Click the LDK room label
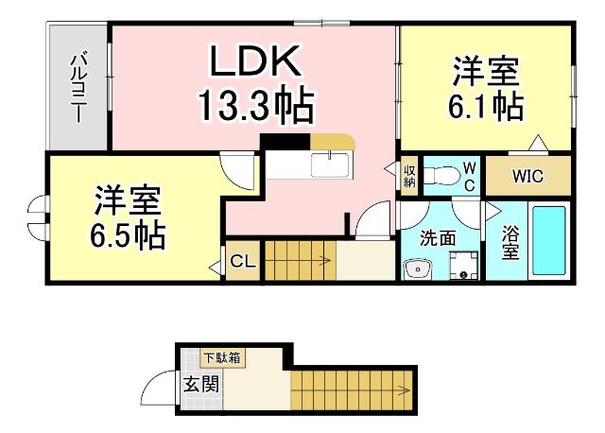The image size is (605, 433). pyautogui.click(x=255, y=62)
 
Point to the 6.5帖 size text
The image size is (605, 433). pyautogui.click(x=129, y=233)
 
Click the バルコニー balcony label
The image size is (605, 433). pyautogui.click(x=78, y=88)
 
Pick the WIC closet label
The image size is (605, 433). pyautogui.click(x=527, y=176)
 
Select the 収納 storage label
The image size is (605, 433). pyautogui.click(x=409, y=176)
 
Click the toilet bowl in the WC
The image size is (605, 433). pyautogui.click(x=437, y=175)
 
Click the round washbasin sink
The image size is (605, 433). pyautogui.click(x=415, y=269)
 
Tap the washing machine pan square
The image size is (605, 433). pyautogui.click(x=462, y=266)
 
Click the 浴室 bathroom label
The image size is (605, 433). pyautogui.click(x=509, y=242)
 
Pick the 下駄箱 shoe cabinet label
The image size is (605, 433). pyautogui.click(x=223, y=358)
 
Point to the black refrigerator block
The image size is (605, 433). pyautogui.click(x=285, y=142)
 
